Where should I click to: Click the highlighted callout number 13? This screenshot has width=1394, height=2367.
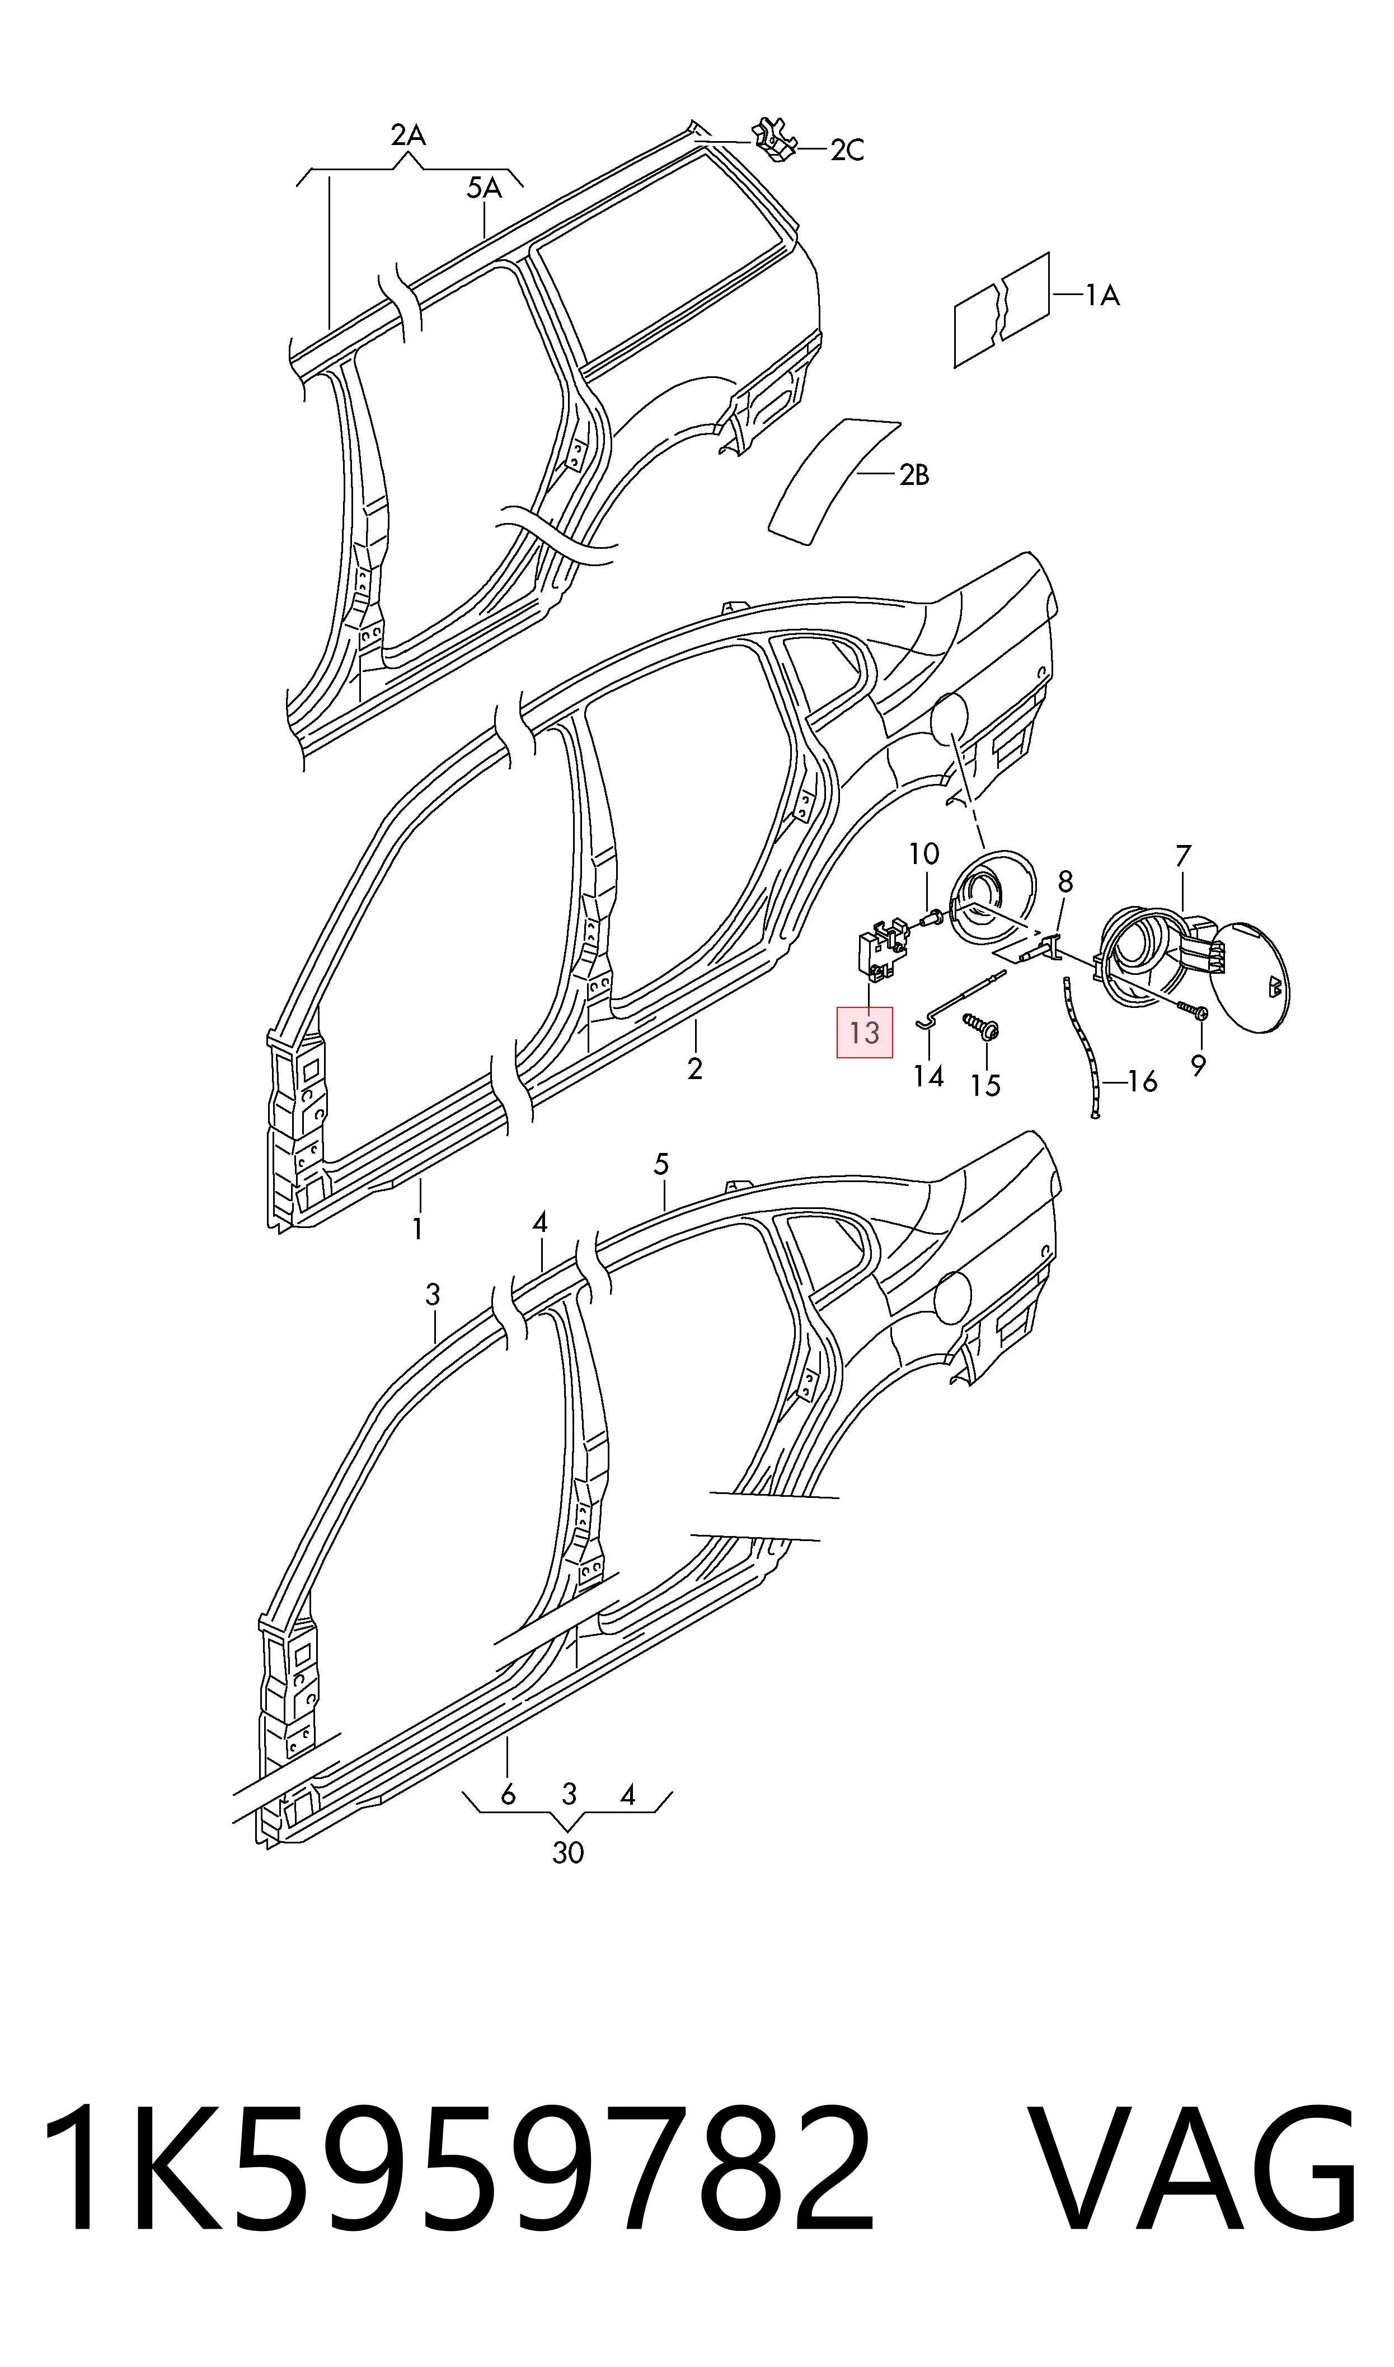(x=864, y=1033)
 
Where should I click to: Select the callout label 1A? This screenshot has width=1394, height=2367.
(x=1103, y=296)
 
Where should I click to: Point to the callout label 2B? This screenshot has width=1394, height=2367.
(x=914, y=475)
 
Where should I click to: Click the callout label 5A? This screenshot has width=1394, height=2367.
(x=485, y=189)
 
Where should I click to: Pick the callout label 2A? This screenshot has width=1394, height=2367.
(x=409, y=136)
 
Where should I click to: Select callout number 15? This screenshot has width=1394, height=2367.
(x=985, y=1086)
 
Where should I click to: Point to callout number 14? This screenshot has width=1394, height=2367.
(x=928, y=1076)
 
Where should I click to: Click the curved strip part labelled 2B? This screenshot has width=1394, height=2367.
(x=834, y=480)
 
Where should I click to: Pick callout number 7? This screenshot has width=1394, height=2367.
(x=1182, y=856)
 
